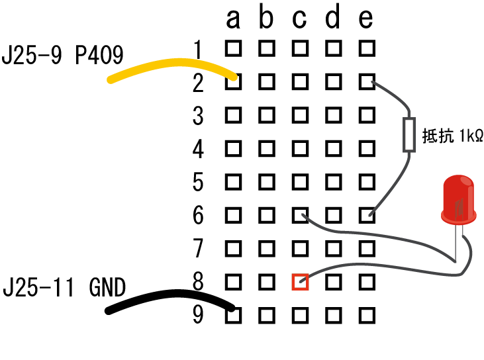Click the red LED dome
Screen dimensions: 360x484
(459, 197)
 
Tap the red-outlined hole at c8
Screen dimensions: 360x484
(300, 282)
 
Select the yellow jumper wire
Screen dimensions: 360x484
(171, 68)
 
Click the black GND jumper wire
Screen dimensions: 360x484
(169, 299)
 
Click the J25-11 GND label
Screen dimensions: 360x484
(64, 288)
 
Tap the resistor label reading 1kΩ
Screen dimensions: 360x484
(452, 136)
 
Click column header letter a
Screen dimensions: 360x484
(232, 20)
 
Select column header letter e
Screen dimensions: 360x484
(366, 20)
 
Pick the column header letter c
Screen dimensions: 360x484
(299, 20)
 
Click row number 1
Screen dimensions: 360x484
(198, 48)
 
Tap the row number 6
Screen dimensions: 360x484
(198, 215)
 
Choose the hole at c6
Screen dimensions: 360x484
(300, 215)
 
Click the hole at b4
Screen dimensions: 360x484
(266, 148)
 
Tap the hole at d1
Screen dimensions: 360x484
(333, 48)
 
